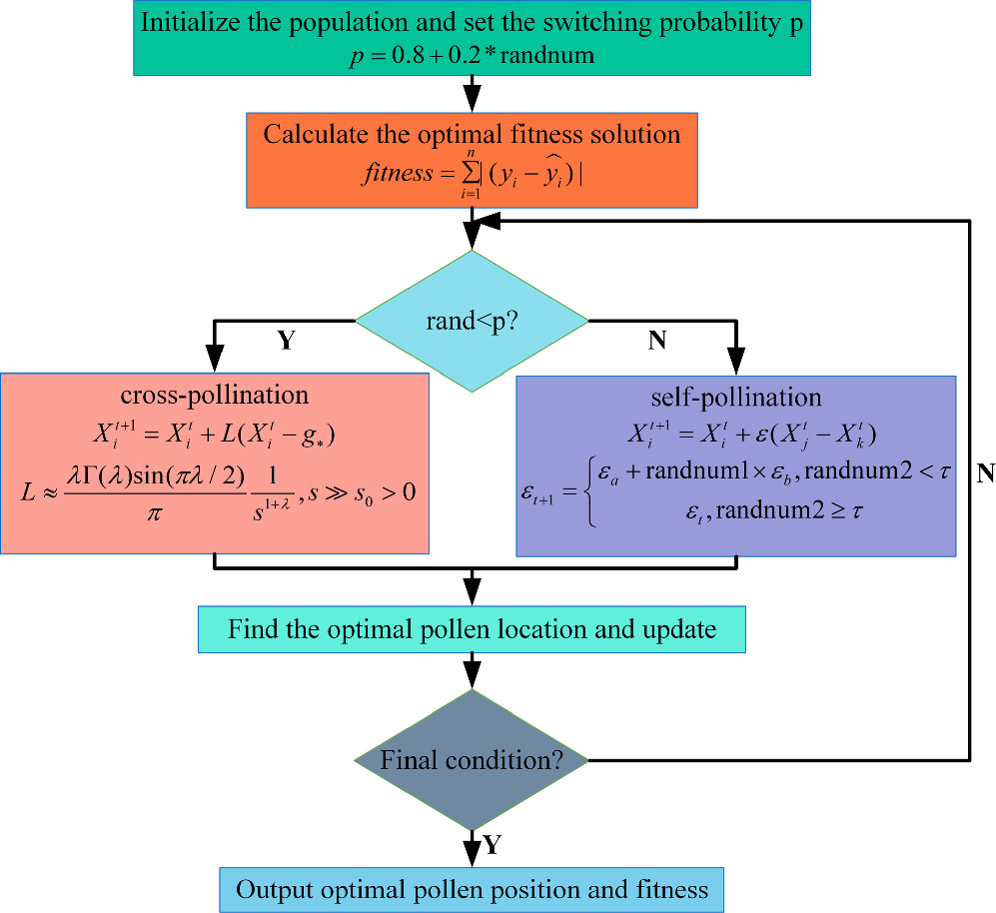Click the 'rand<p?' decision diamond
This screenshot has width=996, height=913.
coord(472,321)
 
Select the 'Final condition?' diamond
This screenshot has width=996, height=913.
coord(472,760)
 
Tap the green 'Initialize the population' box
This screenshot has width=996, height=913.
coord(472,38)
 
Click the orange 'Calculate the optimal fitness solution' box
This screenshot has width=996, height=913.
coord(472,160)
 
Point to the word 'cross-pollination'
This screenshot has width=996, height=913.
coord(216,394)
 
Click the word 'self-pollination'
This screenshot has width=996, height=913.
coord(735,397)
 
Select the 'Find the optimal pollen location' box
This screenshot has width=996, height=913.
coord(472,630)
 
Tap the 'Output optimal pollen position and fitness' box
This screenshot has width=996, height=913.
coord(472,888)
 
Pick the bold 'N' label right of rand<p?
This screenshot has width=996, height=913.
coord(656,341)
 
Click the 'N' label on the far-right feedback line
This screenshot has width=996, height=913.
coord(985,473)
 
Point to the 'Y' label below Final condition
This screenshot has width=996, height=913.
coord(492,845)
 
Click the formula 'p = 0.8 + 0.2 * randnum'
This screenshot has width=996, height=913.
coord(472,55)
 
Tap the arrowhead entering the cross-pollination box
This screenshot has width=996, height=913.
coord(215,360)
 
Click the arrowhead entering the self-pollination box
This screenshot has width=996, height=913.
coord(736,362)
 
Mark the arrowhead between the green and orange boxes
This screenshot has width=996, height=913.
coord(472,99)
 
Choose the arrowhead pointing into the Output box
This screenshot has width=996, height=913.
coord(472,855)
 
